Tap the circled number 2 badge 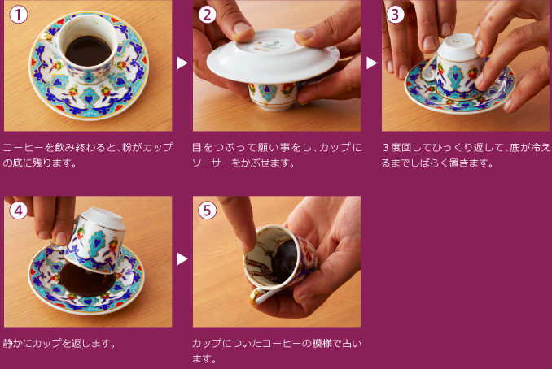(x=208, y=14)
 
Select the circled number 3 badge (x=396, y=14)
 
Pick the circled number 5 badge (x=208, y=210)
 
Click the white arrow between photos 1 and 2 (x=182, y=63)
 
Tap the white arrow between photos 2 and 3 (x=371, y=63)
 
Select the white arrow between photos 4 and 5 (x=182, y=258)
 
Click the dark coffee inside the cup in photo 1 (x=86, y=51)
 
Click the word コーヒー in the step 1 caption (x=24, y=147)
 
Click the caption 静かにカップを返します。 (x=59, y=342)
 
